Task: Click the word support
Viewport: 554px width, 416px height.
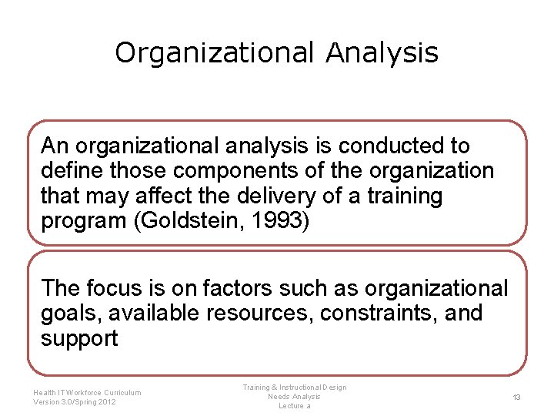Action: tap(79, 339)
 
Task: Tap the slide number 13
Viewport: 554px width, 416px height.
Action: tap(517, 397)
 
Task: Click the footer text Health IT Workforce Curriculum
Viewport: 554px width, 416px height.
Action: tap(87, 393)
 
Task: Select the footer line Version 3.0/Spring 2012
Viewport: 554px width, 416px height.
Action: tap(75, 402)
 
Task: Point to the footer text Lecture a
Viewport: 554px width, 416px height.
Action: tap(295, 406)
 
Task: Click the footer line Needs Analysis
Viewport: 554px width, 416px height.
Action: tap(295, 397)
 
